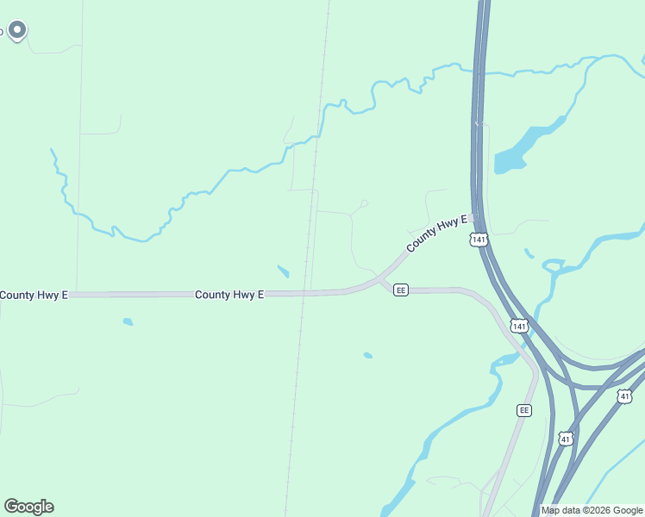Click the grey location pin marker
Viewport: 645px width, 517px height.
pyautogui.click(x=17, y=31)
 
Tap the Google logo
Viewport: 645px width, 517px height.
pyautogui.click(x=28, y=507)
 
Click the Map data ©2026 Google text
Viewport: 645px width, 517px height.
pyautogui.click(x=592, y=510)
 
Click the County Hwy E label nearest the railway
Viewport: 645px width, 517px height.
pyautogui.click(x=229, y=295)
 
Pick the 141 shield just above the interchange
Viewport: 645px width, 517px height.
pyautogui.click(x=518, y=326)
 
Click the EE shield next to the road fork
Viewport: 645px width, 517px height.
pyautogui.click(x=401, y=290)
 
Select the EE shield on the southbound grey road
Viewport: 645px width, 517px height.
pyautogui.click(x=523, y=410)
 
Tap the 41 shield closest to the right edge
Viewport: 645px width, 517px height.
pyautogui.click(x=624, y=396)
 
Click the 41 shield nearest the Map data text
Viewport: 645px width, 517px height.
pyautogui.click(x=565, y=439)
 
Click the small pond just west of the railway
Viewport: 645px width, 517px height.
pyautogui.click(x=283, y=271)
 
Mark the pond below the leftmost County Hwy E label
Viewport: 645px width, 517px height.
pyautogui.click(x=128, y=322)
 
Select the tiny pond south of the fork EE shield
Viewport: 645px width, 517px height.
pyautogui.click(x=368, y=355)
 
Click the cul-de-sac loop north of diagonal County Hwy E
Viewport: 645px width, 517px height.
pyautogui.click(x=364, y=204)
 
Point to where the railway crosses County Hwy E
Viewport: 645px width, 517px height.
pyautogui.click(x=305, y=294)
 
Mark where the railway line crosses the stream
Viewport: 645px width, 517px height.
pyautogui.click(x=321, y=121)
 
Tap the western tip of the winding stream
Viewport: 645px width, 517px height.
pyautogui.click(x=52, y=150)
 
